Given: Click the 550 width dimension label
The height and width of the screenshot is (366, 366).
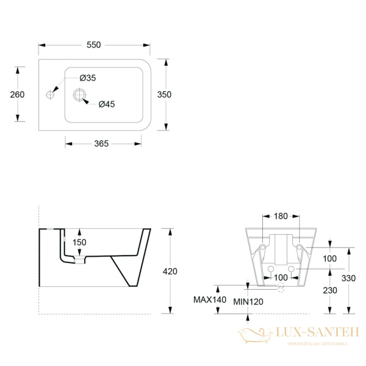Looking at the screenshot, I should click(x=93, y=45).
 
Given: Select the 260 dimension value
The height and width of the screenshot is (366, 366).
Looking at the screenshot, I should click(x=17, y=94).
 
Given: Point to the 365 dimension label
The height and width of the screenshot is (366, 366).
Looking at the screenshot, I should click(x=101, y=143).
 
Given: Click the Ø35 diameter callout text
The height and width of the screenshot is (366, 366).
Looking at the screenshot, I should click(x=88, y=77).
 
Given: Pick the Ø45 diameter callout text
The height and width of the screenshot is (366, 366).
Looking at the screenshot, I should click(x=107, y=104).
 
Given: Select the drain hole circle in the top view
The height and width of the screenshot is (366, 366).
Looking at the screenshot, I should click(x=80, y=95).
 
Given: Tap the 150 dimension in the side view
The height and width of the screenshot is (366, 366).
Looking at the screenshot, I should click(x=80, y=242).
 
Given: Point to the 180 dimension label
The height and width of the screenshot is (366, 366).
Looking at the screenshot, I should click(x=281, y=216).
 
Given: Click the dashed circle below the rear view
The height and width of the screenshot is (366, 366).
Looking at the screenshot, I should click(x=281, y=290).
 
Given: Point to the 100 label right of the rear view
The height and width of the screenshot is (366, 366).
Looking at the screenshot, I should click(x=330, y=259).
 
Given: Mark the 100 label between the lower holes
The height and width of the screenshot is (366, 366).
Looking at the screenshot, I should click(x=281, y=278).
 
